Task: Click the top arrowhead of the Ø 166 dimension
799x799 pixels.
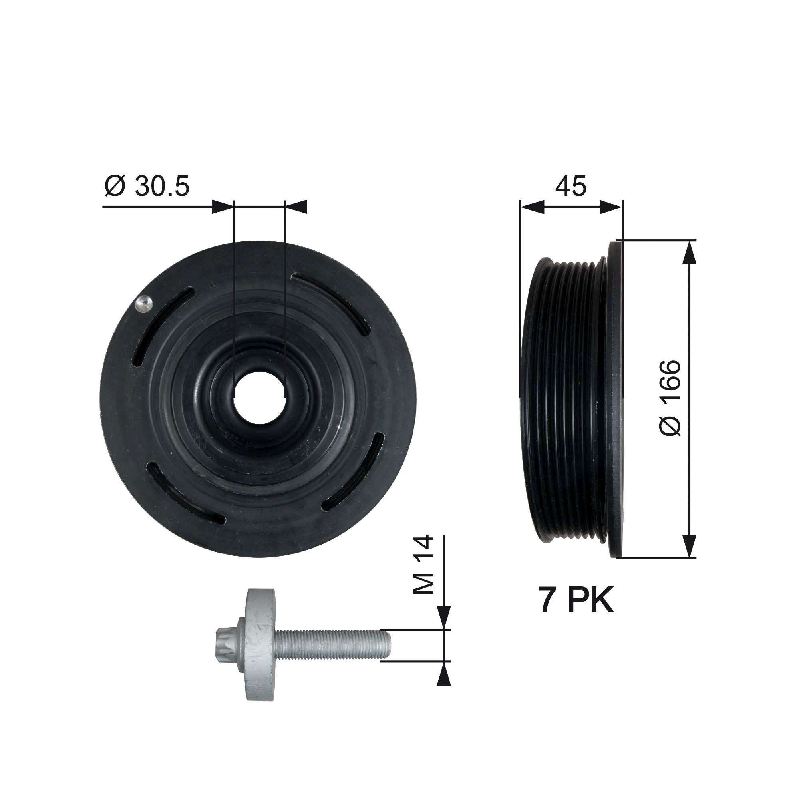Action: point(689,253)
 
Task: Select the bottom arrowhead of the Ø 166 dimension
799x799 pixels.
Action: point(689,545)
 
